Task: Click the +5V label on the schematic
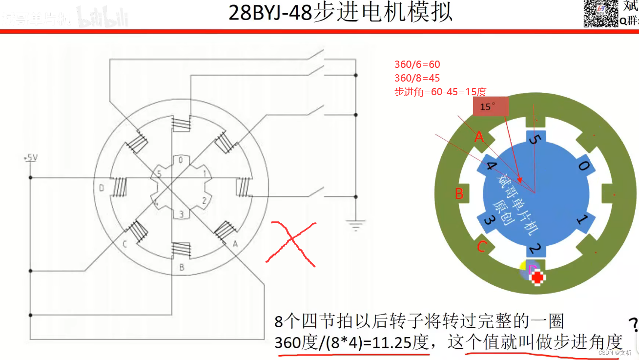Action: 30,158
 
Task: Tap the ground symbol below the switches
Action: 356,225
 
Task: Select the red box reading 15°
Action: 491,107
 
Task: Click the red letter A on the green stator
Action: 479,137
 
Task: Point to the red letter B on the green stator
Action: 459,193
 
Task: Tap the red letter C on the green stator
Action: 481,247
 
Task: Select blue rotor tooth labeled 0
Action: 583,166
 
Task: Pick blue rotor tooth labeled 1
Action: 581,220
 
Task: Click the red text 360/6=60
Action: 417,64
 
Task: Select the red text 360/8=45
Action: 417,78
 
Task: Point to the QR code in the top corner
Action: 602,13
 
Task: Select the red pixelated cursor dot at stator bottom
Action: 537,277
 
